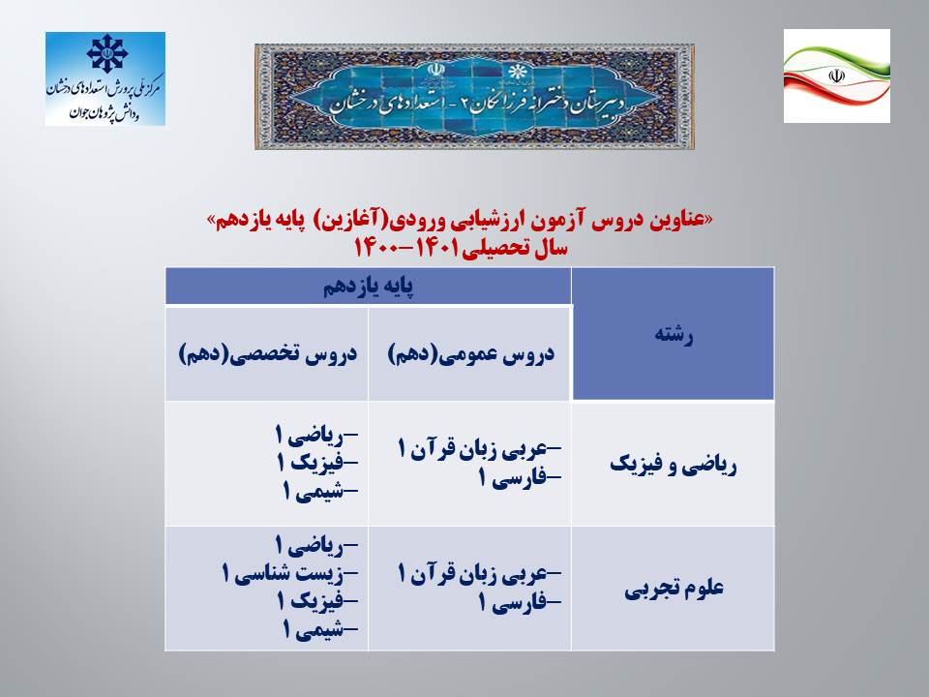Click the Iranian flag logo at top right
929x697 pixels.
(x=836, y=76)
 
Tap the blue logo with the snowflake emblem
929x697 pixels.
(x=105, y=78)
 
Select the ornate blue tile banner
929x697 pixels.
(x=474, y=97)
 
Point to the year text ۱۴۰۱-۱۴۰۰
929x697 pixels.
(x=406, y=247)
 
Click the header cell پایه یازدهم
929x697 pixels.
(x=368, y=287)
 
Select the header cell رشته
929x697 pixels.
(x=674, y=334)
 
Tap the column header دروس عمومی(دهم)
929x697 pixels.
(x=470, y=354)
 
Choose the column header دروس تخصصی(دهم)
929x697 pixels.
(x=268, y=354)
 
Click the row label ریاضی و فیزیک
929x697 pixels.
(x=674, y=466)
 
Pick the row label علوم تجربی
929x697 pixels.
(x=674, y=589)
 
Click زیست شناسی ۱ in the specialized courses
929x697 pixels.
(x=289, y=573)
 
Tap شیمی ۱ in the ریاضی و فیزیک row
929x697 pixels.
(x=320, y=491)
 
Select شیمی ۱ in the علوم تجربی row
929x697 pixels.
(x=320, y=629)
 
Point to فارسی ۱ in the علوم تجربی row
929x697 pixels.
(x=520, y=603)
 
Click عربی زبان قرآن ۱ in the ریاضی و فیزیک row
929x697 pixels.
(x=479, y=449)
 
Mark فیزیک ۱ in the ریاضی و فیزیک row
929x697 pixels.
(x=317, y=463)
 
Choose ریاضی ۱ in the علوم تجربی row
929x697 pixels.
(x=316, y=545)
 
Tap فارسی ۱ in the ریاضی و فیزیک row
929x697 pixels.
(x=520, y=477)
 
